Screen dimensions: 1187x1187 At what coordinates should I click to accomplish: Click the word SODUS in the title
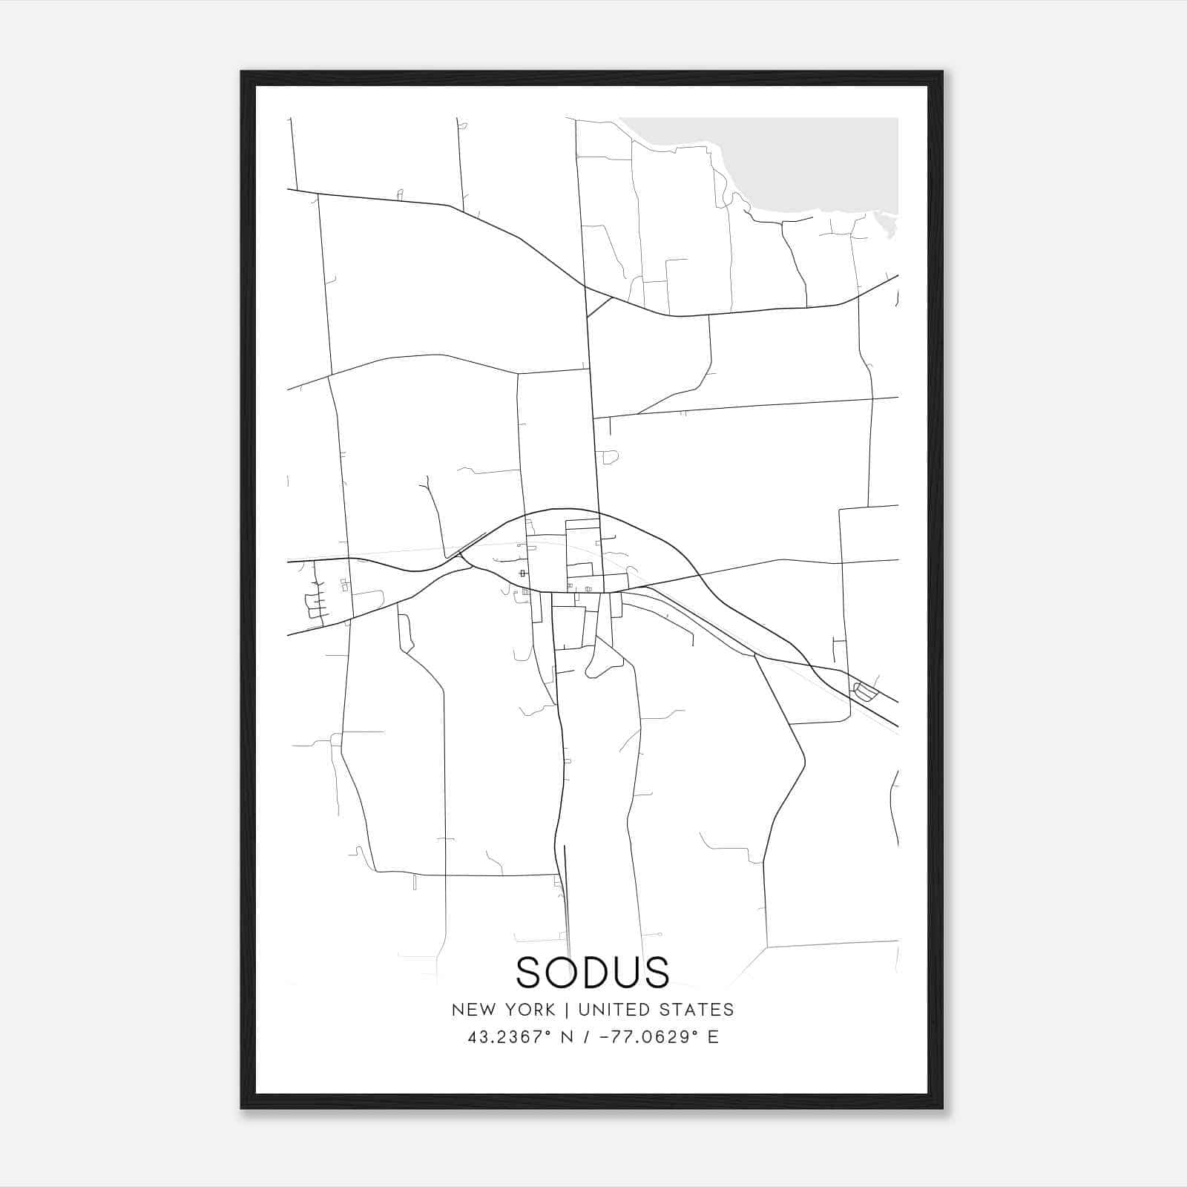point(592,973)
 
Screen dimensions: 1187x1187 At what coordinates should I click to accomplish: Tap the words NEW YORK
point(503,1010)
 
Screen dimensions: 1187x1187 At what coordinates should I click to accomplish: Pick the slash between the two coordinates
point(587,1037)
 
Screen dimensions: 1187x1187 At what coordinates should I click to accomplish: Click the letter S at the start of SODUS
point(530,973)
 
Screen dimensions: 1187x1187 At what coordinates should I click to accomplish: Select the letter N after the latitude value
point(568,1037)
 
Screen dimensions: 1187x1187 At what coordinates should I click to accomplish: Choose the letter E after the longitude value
point(713,1037)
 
